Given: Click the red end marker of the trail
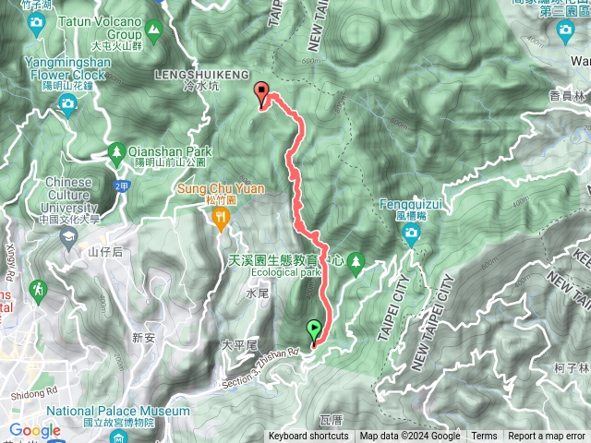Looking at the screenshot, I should (261, 92).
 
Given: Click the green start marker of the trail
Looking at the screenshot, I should (314, 329).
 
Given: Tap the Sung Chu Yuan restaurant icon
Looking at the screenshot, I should (220, 218).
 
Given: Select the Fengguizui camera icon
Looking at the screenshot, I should (412, 236).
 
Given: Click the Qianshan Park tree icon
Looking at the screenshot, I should (116, 151).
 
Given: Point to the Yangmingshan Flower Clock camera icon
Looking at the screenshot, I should (66, 104).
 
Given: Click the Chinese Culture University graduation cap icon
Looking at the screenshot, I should (68, 236).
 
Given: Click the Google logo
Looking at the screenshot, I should (35, 430).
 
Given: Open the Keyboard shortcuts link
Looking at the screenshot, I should (309, 437).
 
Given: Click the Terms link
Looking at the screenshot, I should (484, 437).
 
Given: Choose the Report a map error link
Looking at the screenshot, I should (547, 437).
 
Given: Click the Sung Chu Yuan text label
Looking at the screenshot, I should (222, 188).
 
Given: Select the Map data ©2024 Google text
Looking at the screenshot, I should (410, 437).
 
